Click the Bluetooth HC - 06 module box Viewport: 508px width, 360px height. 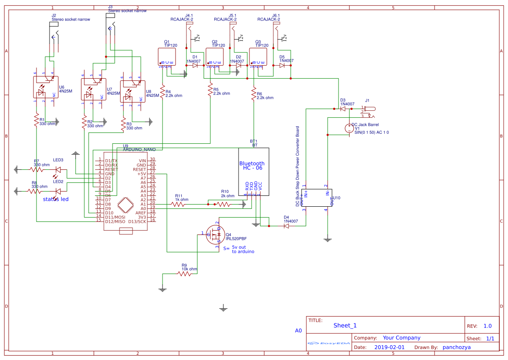(253, 169)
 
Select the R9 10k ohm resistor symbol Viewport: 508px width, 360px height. (184, 274)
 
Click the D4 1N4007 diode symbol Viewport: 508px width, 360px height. (286, 226)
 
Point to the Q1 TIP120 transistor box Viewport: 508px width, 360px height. (166, 56)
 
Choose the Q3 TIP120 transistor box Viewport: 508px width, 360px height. (258, 56)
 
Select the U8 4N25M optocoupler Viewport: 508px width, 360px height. (132, 91)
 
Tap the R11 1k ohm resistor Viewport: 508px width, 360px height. (178, 204)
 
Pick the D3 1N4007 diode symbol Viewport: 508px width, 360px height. (343, 109)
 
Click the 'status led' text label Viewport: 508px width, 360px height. (56, 199)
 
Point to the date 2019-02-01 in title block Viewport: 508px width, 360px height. (389, 347)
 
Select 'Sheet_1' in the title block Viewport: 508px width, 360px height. (345, 326)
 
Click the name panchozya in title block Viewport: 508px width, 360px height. (456, 347)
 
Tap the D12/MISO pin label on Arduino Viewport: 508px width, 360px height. (115, 221)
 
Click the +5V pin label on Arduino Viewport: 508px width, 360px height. (141, 174)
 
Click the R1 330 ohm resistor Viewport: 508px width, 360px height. (37, 120)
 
